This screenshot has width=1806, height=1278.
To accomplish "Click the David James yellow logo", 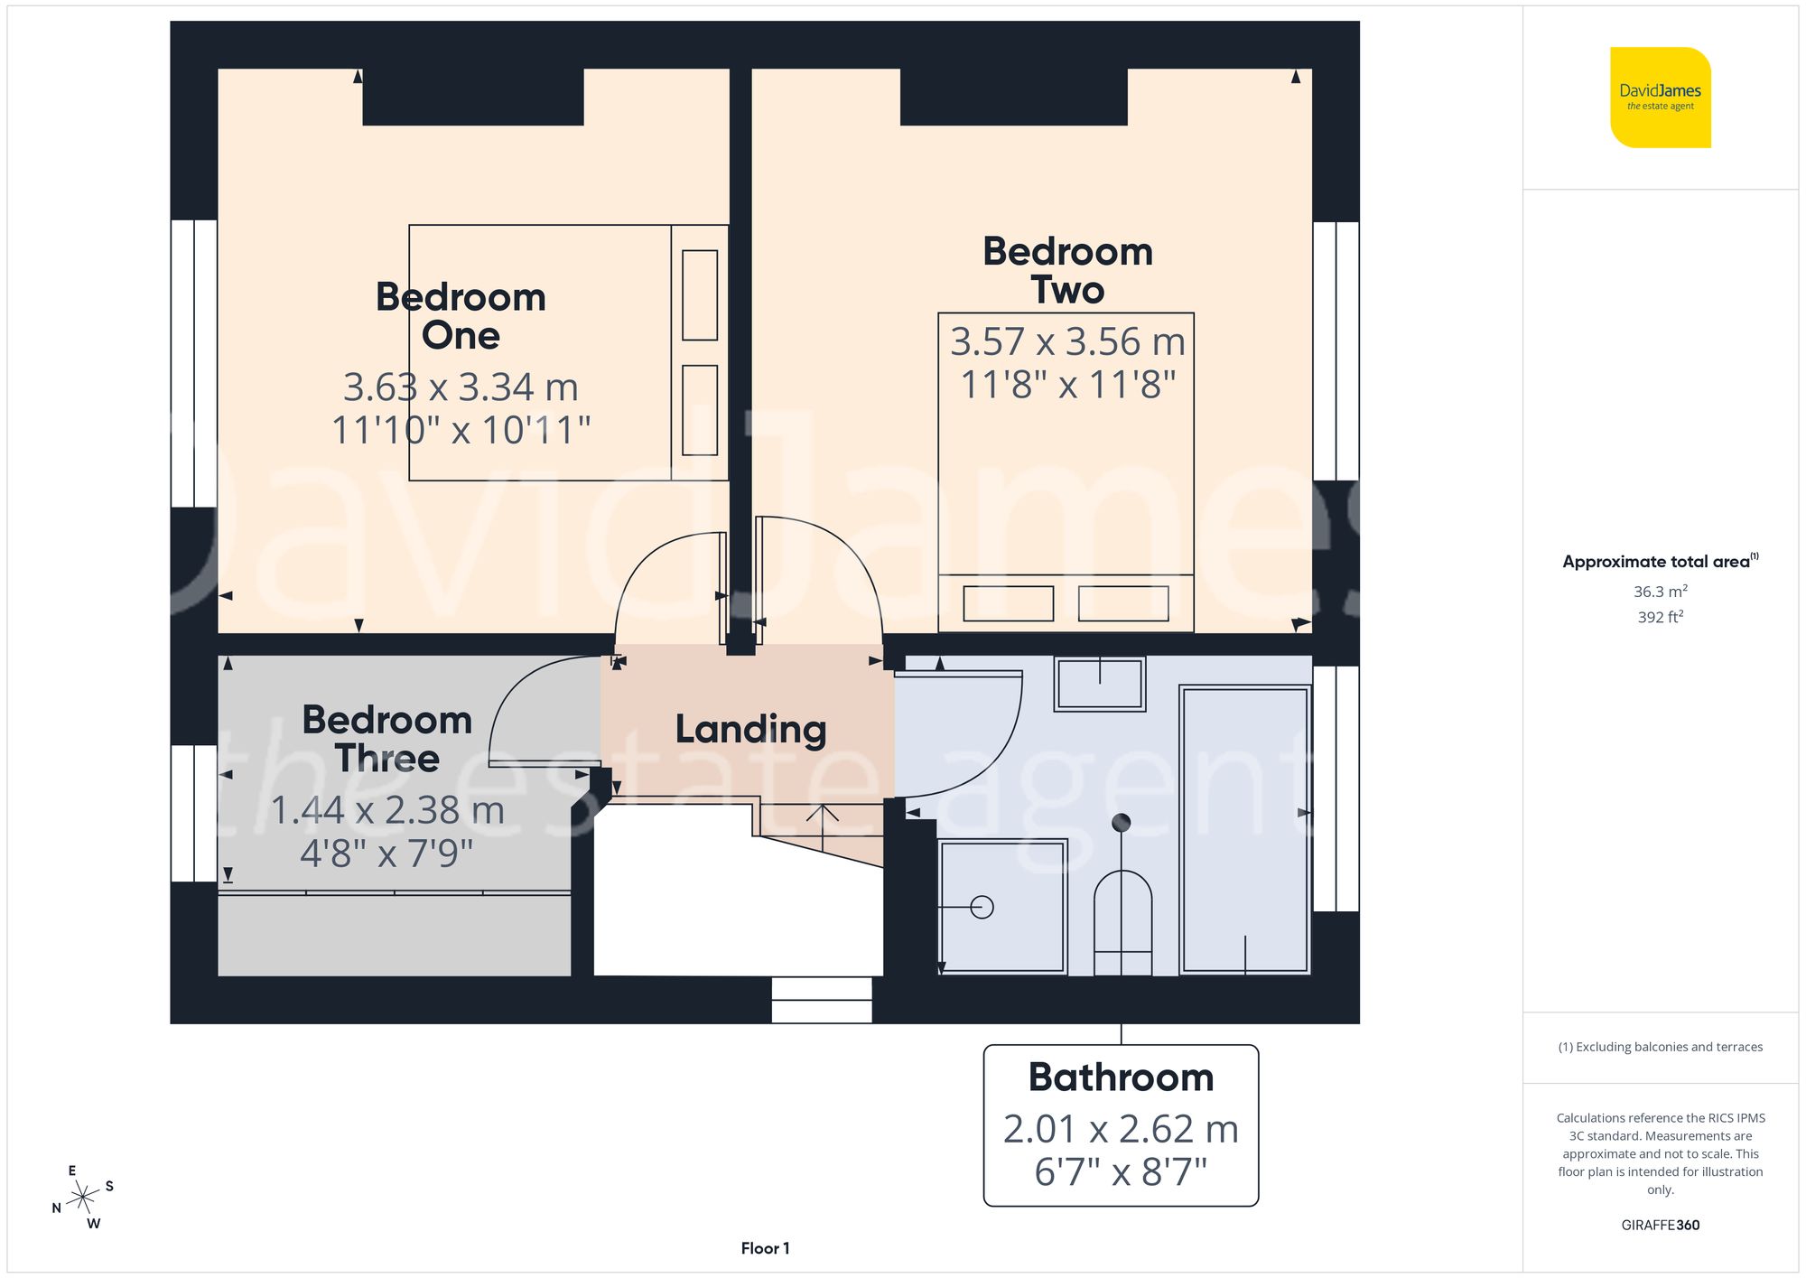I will point(1660,98).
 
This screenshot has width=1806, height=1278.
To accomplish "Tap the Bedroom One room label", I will point(461,316).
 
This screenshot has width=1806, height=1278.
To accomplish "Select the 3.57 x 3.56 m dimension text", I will point(1067,342).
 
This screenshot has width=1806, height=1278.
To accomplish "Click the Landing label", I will point(750,730).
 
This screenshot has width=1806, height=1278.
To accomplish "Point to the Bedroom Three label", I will point(387,739).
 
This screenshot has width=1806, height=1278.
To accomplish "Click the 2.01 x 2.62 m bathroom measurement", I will point(1121,1129).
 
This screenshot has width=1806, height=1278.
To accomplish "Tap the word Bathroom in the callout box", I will point(1121,1077).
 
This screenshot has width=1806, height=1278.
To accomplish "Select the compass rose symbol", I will point(83,1198).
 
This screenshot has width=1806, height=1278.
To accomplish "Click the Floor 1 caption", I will point(765,1248).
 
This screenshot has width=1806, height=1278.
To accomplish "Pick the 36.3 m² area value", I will point(1660,592).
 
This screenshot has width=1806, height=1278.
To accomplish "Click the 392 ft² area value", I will point(1660,617).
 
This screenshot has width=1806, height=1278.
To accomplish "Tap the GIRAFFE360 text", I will point(1660,1225).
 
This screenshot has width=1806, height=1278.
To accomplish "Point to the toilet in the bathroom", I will point(1122,921).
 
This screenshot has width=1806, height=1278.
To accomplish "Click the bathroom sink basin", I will point(1100,684).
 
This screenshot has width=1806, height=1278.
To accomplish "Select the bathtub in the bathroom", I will point(1245,829).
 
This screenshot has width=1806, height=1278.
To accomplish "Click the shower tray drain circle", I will point(982,907).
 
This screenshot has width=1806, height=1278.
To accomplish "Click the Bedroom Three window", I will point(194,813).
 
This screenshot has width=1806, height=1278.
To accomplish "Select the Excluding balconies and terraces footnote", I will point(1660,1047).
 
